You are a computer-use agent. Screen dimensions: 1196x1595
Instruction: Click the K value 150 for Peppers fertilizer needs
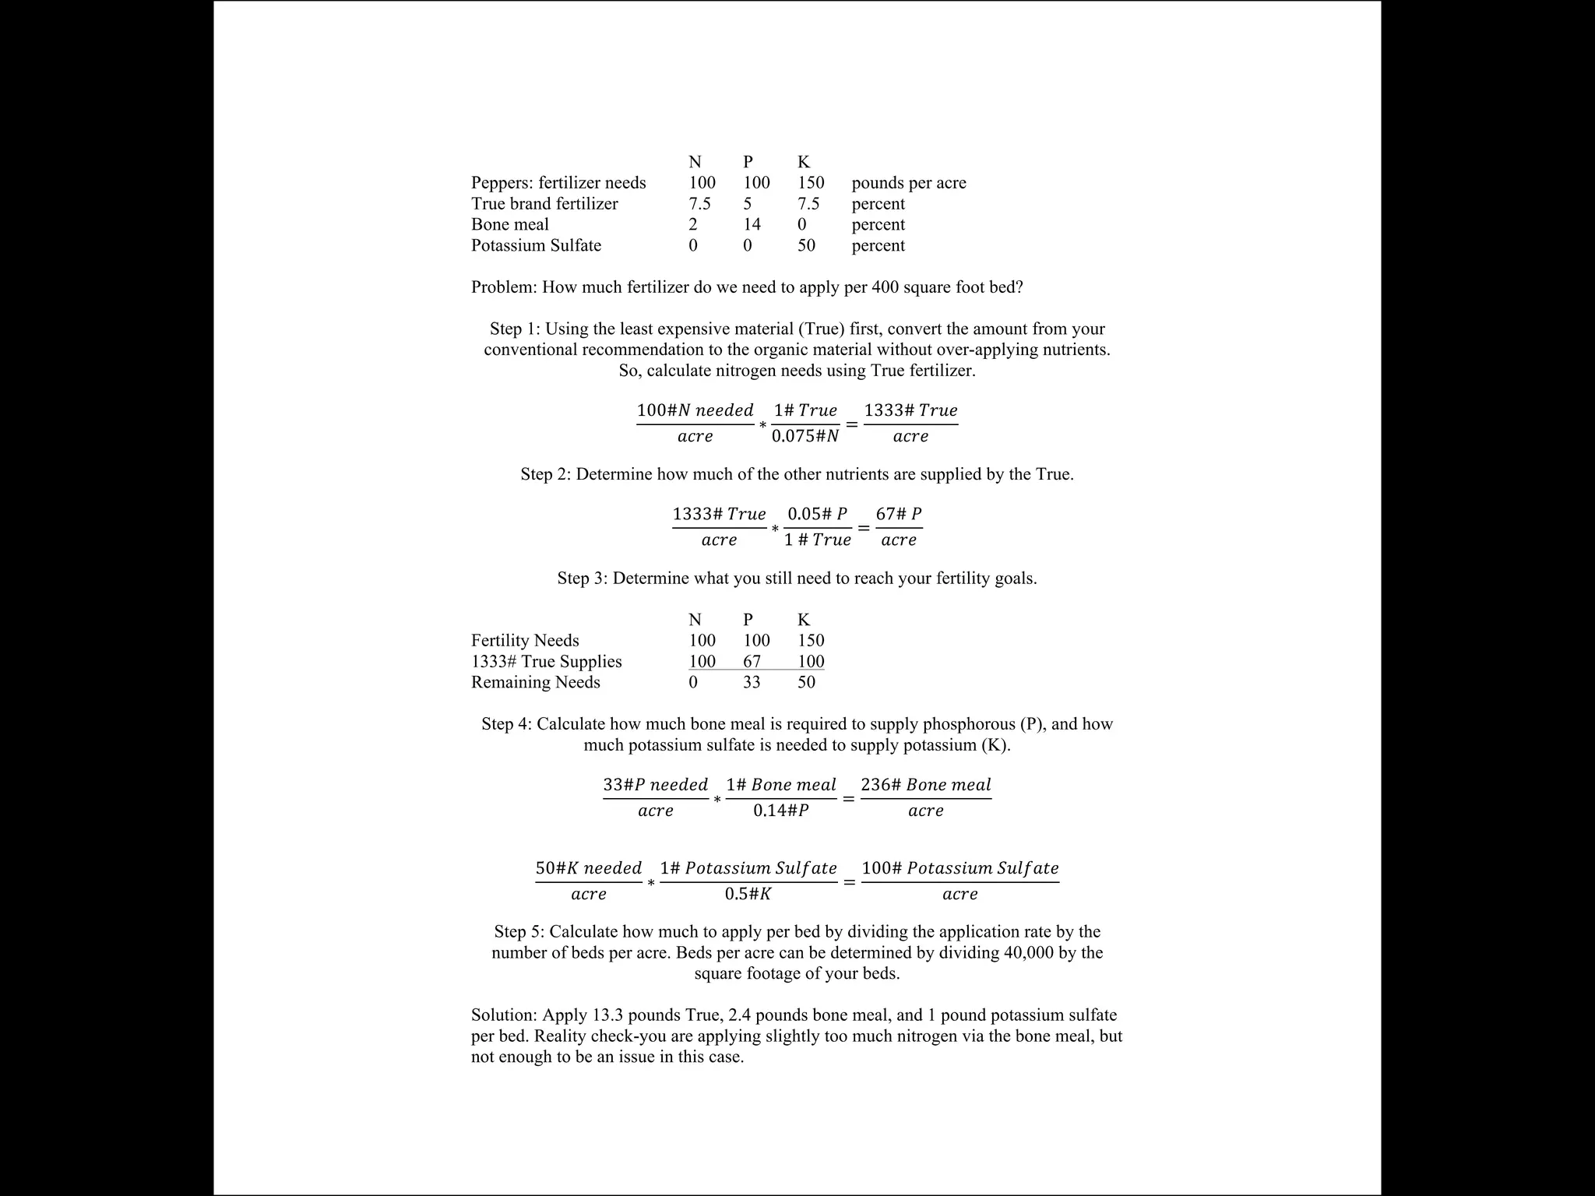coord(811,183)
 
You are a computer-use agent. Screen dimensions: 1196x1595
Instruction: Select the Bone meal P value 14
coord(752,224)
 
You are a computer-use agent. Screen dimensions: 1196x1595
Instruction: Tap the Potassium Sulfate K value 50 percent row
coord(806,245)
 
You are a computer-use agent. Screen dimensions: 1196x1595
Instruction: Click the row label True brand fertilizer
coord(544,204)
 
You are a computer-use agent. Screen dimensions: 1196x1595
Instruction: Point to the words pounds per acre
coord(909,183)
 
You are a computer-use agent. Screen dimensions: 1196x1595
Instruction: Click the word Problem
coord(502,287)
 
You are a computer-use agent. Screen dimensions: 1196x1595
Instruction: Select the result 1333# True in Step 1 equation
coord(910,410)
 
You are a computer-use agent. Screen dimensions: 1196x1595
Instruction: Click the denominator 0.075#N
coord(805,436)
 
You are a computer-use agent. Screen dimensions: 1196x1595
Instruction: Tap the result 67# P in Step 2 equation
coord(899,514)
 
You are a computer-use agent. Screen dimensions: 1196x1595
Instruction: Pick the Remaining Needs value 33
coord(752,682)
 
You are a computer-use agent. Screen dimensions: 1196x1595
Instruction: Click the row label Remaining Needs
coord(536,682)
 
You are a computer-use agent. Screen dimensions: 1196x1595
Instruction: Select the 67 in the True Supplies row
coord(752,662)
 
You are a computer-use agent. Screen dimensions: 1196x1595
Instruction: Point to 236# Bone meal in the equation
coord(926,785)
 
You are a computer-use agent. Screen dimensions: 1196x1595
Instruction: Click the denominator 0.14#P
coord(781,811)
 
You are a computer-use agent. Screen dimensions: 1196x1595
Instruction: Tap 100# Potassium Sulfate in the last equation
coord(960,868)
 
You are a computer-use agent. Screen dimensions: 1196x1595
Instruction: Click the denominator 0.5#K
coord(748,894)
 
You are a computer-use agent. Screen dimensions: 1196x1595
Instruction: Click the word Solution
coord(503,1015)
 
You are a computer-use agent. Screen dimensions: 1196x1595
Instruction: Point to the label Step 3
coord(581,579)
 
